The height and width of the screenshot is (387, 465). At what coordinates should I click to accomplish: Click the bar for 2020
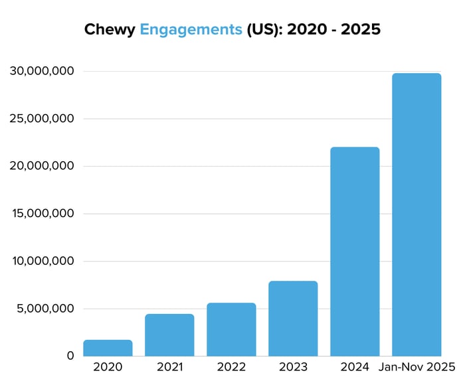108,348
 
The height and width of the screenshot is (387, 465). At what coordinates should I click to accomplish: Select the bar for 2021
169,335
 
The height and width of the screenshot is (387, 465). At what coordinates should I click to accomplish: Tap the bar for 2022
231,329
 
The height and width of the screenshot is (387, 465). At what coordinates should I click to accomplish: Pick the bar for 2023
293,319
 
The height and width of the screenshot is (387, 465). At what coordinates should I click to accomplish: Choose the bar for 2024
355,252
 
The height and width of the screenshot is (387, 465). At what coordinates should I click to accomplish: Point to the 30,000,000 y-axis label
42,71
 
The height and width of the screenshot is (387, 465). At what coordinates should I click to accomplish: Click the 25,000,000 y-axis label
42,119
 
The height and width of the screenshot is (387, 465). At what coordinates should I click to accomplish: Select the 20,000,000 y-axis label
42,166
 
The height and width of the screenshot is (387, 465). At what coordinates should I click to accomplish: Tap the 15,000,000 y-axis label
42,214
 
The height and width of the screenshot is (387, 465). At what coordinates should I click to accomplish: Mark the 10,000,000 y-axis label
42,261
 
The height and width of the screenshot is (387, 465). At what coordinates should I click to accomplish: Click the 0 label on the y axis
70,356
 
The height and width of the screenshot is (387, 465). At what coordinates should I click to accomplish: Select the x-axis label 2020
108,367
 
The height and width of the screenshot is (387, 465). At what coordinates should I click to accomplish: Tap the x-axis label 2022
231,367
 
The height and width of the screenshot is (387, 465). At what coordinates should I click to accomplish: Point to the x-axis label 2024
355,367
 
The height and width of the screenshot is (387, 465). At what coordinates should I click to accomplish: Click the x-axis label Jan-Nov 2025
417,367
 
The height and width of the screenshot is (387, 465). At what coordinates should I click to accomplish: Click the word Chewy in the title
110,30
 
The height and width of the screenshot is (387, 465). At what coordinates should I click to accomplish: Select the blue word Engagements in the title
191,30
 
